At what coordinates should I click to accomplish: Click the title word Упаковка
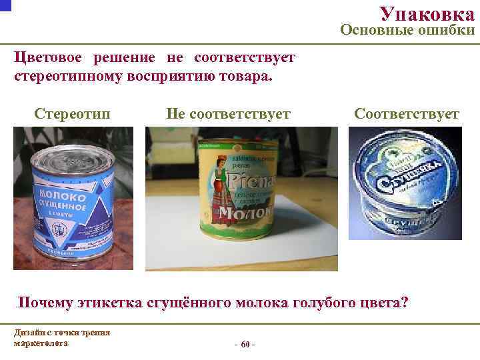[x=427, y=13]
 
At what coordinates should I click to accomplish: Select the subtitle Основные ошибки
[x=407, y=30]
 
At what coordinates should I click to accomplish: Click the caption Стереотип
[x=72, y=114]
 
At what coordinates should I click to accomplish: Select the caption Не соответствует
[x=228, y=114]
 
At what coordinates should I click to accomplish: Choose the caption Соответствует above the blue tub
[x=407, y=114]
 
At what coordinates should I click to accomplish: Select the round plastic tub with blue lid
[x=405, y=183]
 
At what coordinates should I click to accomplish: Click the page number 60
[x=244, y=344]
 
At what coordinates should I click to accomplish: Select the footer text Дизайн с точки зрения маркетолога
[x=61, y=338]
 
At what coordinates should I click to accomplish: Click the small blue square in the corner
[x=4, y=3]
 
